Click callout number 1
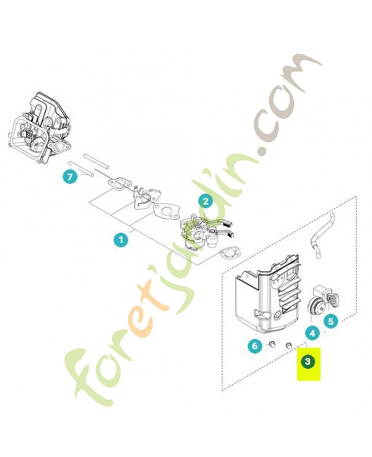(121, 240)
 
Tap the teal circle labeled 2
(205, 202)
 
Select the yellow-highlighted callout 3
(308, 362)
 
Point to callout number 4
(312, 333)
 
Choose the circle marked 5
(331, 321)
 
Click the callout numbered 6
(254, 346)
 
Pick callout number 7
(70, 177)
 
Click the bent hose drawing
(320, 235)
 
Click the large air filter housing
(268, 295)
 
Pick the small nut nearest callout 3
(289, 346)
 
